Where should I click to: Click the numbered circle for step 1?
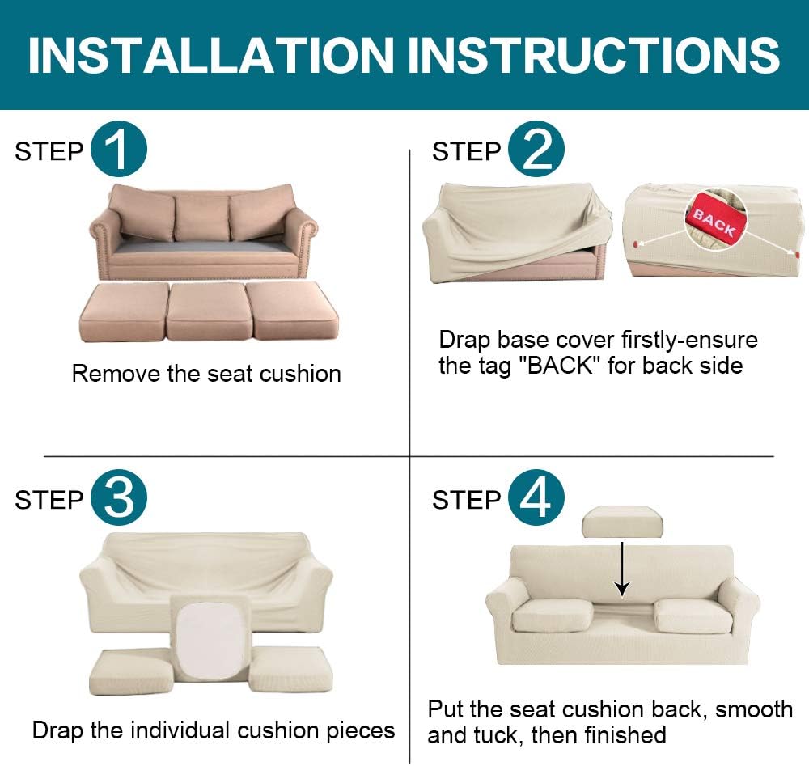pos(119,149)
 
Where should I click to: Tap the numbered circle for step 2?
pos(536,149)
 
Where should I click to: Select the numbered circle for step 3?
pos(119,497)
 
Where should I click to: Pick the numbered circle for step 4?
pos(536,497)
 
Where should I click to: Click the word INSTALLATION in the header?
pos(211,55)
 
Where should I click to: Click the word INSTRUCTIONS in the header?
pos(594,55)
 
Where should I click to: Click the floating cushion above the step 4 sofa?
pos(622,522)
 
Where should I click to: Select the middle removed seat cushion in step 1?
pos(210,311)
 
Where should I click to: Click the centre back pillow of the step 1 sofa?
pos(202,218)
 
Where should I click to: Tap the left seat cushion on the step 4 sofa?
pos(553,616)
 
